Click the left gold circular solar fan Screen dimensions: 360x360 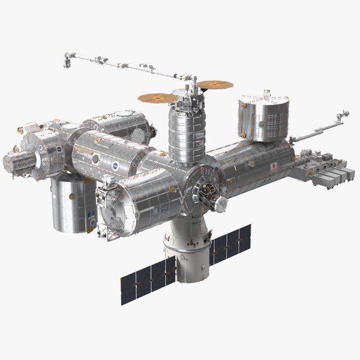point(157,96)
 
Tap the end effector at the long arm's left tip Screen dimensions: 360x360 point(67,59)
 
